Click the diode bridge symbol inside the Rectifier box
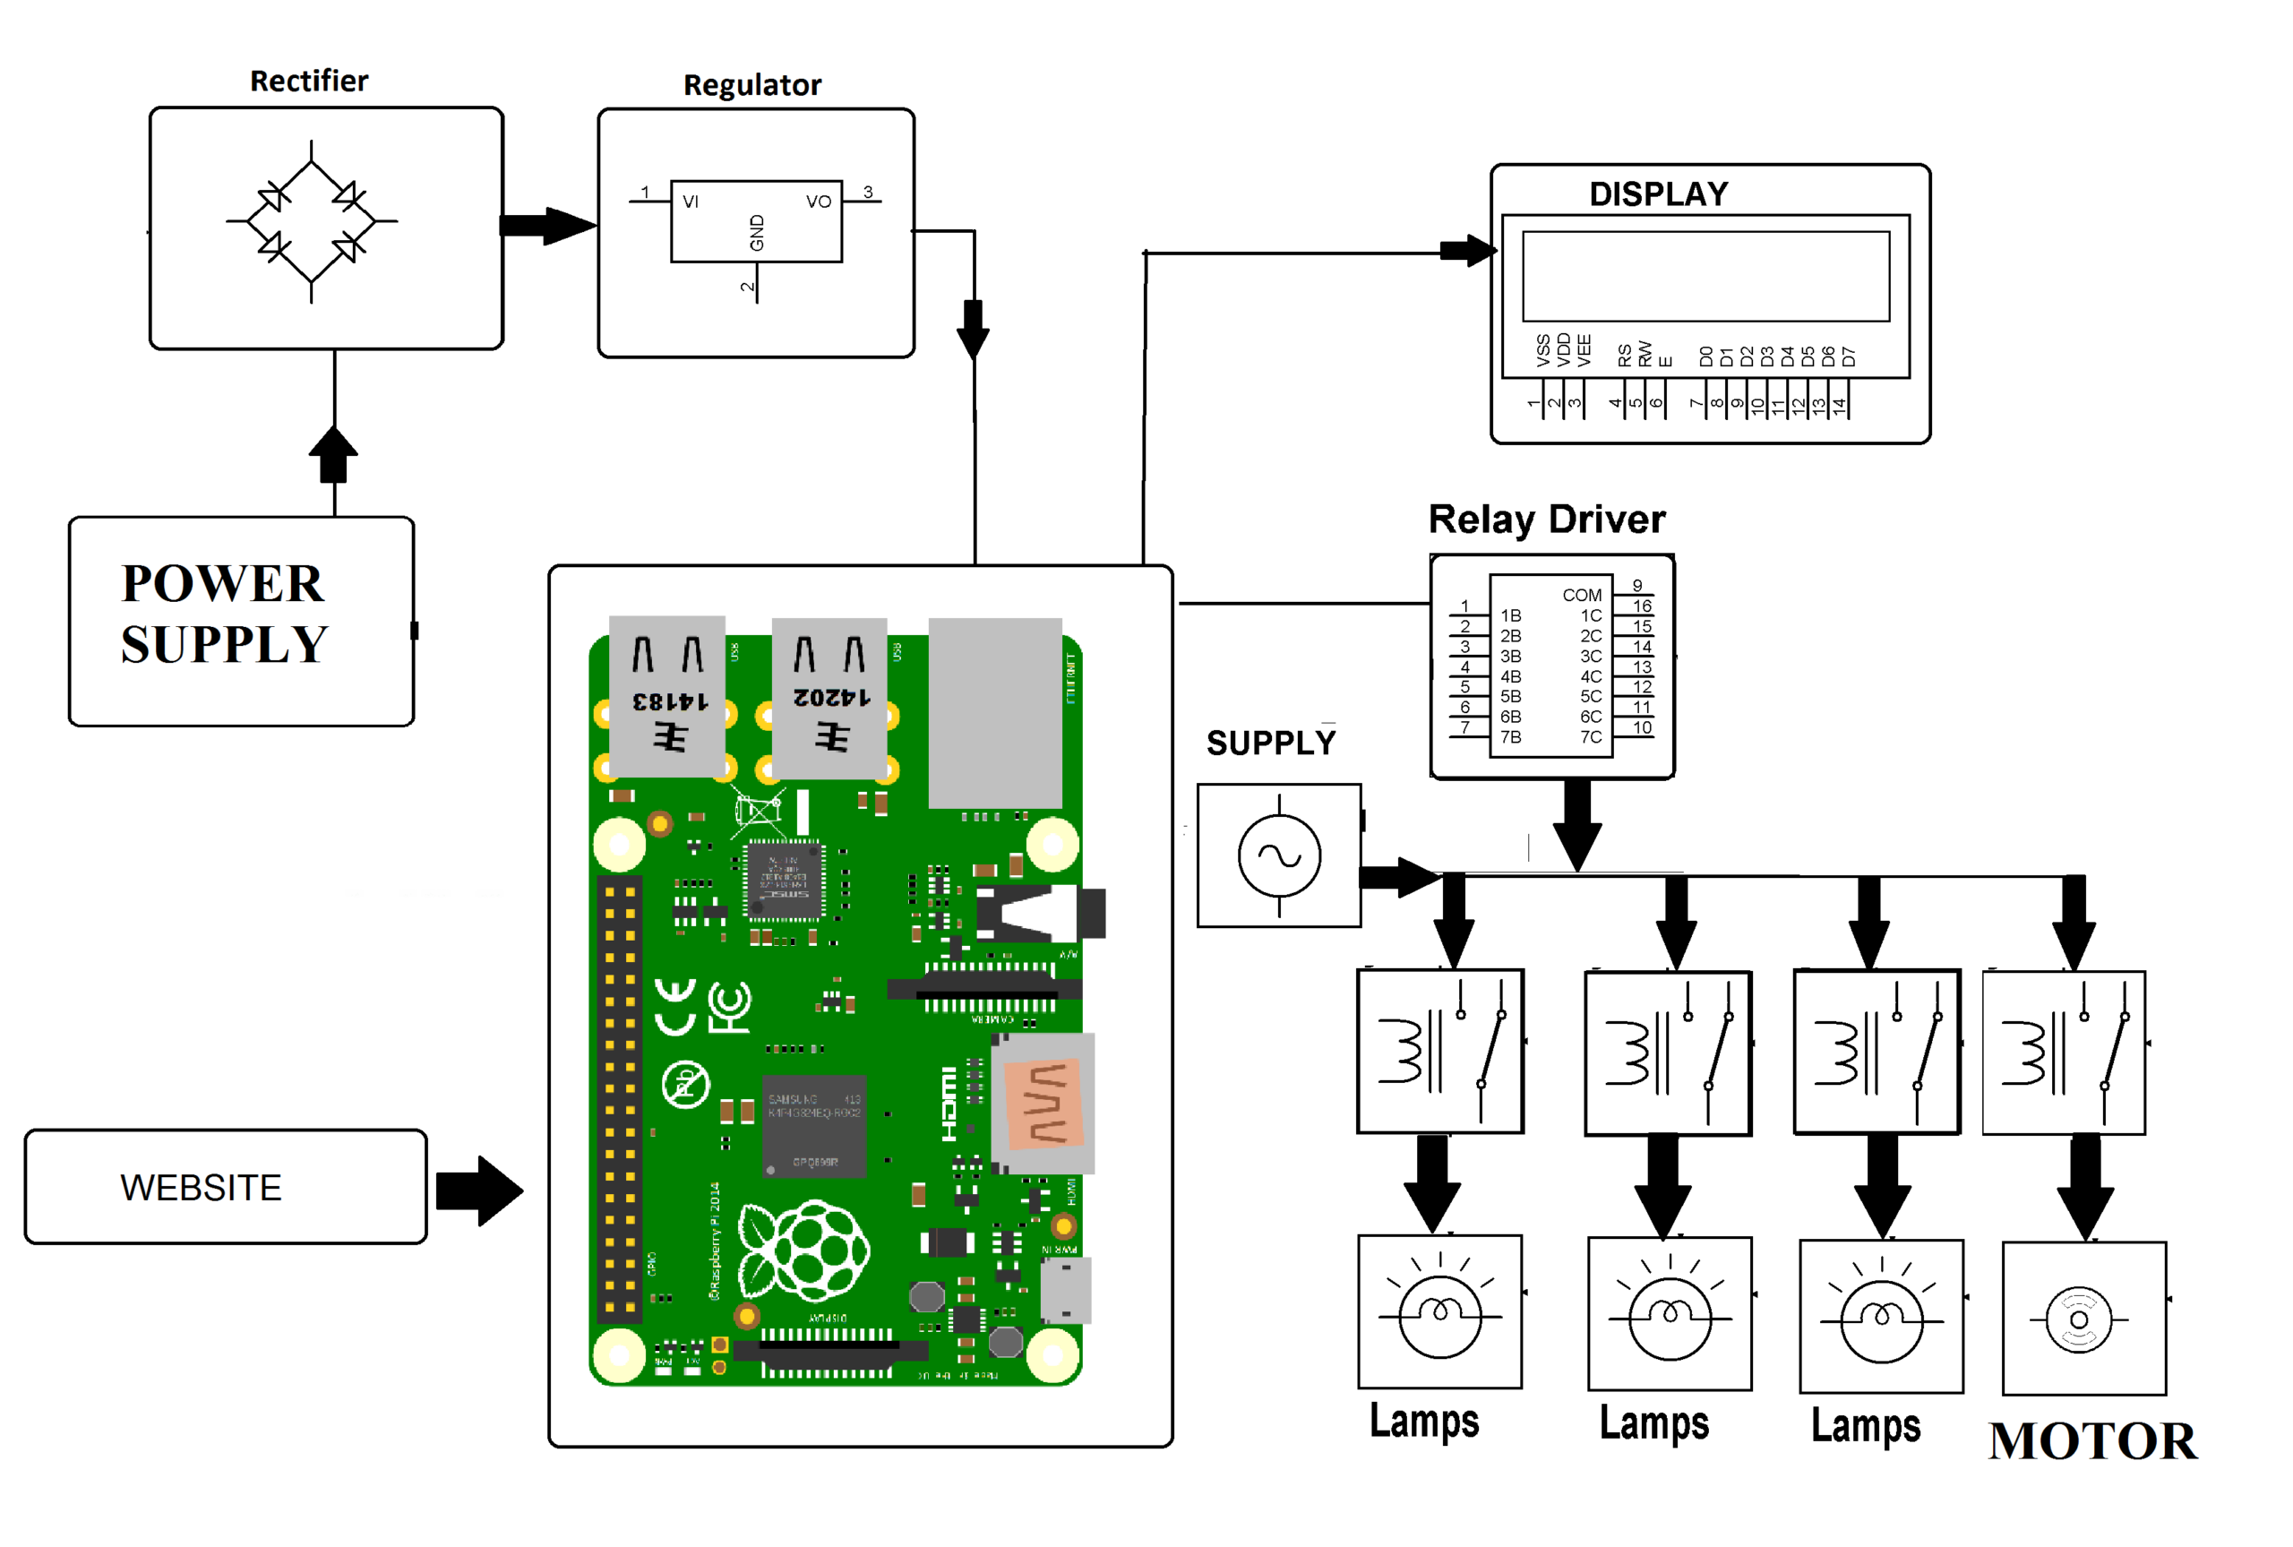[311, 221]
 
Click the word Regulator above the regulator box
[751, 85]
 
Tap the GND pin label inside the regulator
[757, 233]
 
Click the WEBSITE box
[225, 1186]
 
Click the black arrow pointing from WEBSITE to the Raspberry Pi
[479, 1190]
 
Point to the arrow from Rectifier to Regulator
[547, 226]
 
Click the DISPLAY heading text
[1658, 193]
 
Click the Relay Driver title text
[1545, 519]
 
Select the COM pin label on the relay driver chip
[1581, 595]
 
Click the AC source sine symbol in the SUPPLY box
[1278, 855]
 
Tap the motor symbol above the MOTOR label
[2078, 1319]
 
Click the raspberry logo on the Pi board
[803, 1251]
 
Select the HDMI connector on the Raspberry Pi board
[1043, 1102]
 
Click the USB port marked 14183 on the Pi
[666, 695]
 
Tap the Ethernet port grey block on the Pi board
[994, 712]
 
